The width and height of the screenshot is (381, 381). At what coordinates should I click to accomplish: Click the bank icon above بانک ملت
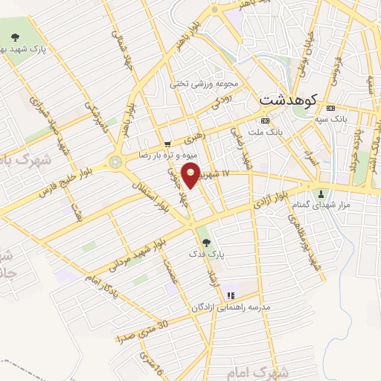(264, 121)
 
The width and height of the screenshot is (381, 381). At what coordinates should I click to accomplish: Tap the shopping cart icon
(167, 144)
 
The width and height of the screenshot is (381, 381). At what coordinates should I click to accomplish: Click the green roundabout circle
(116, 161)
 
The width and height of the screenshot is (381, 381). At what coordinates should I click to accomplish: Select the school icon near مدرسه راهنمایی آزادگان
(231, 295)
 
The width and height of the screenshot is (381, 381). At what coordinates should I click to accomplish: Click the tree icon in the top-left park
(15, 35)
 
